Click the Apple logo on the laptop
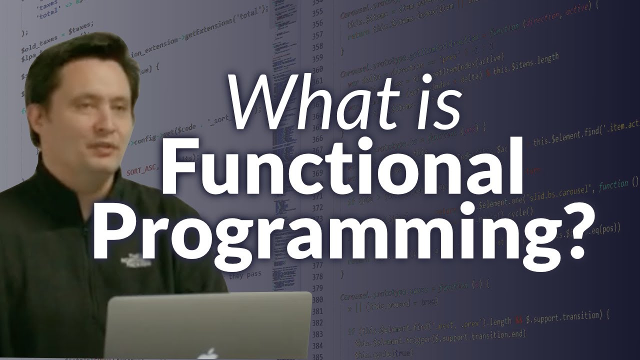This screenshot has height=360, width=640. tap(208, 353)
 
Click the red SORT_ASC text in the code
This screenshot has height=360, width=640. tap(142, 171)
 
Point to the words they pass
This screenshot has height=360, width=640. tap(244, 275)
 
